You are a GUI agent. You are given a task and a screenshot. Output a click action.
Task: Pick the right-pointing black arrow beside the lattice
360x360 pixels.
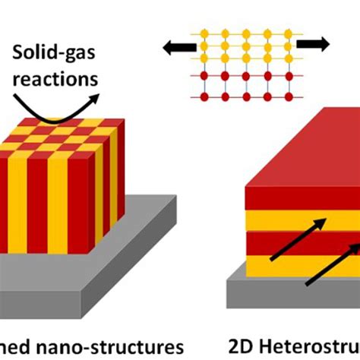(313, 44)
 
